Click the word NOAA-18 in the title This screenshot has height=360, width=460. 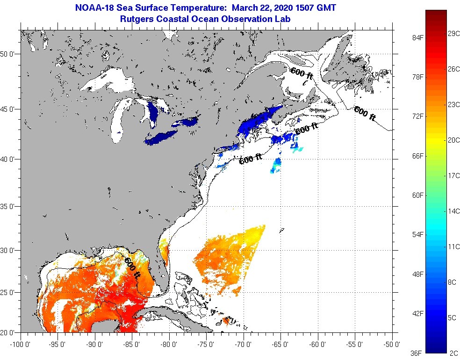92,8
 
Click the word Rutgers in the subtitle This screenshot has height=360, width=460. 136,19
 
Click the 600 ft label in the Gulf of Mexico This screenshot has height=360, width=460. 132,267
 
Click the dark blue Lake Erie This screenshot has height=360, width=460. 161,137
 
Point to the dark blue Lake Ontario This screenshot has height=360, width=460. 186,122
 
